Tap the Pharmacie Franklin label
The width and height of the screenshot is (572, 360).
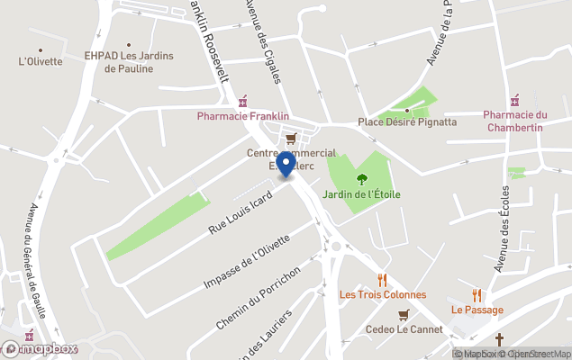[243, 116]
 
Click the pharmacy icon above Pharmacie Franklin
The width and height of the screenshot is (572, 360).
[243, 100]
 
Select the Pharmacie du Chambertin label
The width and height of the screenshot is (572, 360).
[515, 120]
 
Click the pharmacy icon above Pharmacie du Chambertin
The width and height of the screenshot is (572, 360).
[514, 100]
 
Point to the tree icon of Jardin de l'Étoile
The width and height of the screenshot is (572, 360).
[363, 178]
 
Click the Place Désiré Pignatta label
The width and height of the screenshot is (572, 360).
[407, 121]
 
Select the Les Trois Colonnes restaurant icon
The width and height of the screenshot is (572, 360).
[383, 279]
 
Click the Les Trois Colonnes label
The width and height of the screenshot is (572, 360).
[383, 294]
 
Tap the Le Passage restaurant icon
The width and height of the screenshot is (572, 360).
[477, 295]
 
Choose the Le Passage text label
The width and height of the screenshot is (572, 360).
[477, 310]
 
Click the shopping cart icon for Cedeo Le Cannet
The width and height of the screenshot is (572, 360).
[404, 314]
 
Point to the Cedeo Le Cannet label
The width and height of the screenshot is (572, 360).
[404, 329]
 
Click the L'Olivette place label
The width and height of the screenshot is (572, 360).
[41, 62]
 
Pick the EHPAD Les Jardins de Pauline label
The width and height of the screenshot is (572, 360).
[129, 61]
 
